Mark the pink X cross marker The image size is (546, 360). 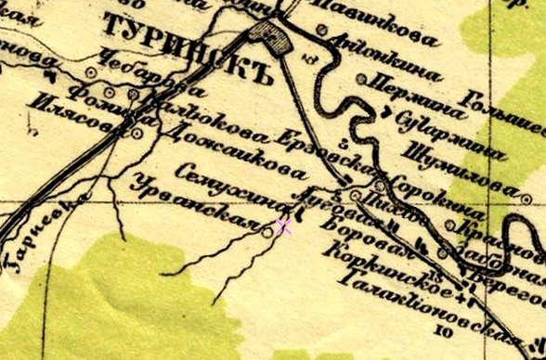click(284, 227)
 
